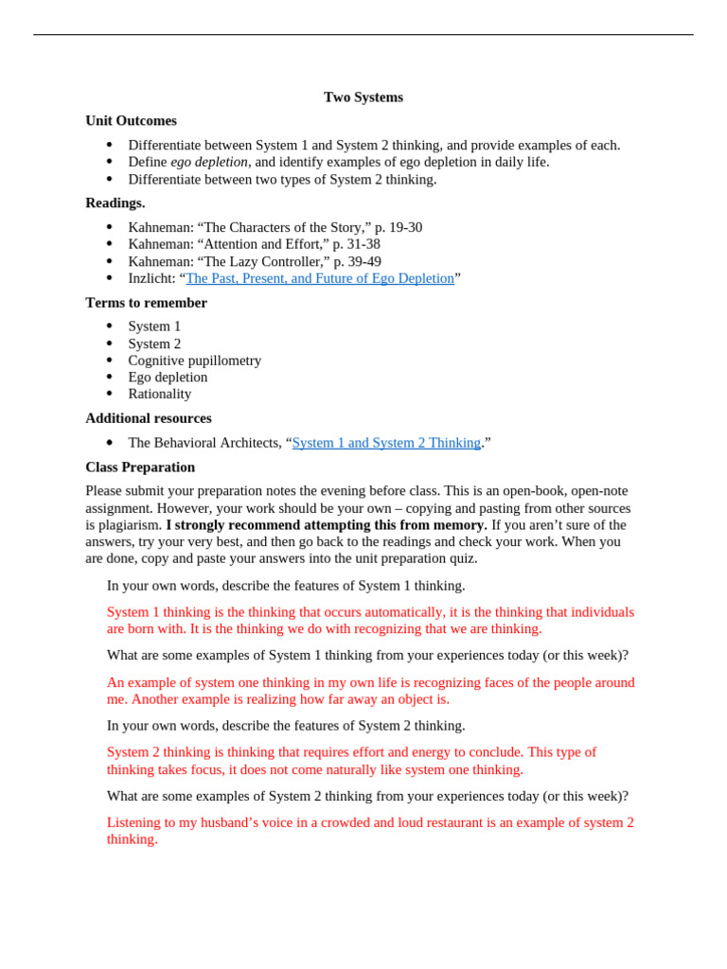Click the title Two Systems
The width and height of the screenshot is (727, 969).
click(x=363, y=97)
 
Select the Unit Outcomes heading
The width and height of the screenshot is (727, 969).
click(x=131, y=121)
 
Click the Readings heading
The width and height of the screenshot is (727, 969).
click(x=115, y=203)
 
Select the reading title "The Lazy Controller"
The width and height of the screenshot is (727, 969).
click(x=263, y=261)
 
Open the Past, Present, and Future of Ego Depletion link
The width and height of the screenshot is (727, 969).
click(x=320, y=278)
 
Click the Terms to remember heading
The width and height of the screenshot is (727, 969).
click(x=146, y=303)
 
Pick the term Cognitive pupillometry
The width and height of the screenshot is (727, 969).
click(x=194, y=361)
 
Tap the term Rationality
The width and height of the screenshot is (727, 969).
click(x=159, y=394)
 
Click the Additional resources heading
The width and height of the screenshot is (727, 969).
click(x=149, y=418)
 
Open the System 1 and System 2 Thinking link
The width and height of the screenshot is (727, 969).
click(x=386, y=443)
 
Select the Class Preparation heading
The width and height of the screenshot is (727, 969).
click(x=140, y=467)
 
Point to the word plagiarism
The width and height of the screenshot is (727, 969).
click(x=131, y=525)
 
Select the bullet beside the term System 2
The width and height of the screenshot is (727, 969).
click(x=110, y=344)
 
